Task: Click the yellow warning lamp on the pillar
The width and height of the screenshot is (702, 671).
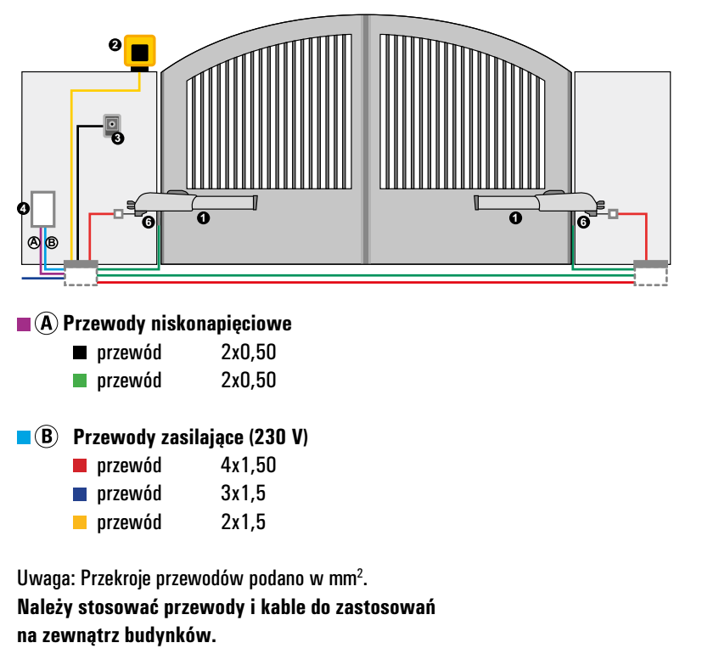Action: [x=140, y=52]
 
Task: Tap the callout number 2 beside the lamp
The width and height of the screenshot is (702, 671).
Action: [x=115, y=45]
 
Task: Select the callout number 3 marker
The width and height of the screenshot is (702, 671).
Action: [x=118, y=138]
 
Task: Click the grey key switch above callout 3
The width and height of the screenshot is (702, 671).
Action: [x=112, y=124]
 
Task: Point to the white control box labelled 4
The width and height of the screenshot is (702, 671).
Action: [x=43, y=209]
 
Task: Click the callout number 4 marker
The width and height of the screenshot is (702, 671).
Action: [x=23, y=208]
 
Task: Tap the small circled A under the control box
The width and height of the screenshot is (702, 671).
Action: [x=34, y=242]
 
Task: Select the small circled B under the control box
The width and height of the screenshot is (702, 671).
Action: [x=52, y=242]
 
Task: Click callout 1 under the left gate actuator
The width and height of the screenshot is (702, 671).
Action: [x=203, y=218]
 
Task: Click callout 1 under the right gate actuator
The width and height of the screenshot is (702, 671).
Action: [x=515, y=218]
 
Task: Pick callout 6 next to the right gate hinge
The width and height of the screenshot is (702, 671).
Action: [x=583, y=222]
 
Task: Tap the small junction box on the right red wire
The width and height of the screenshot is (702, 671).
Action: [x=613, y=214]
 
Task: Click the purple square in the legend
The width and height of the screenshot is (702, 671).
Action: [x=24, y=324]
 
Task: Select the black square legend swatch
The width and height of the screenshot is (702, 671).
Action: [x=80, y=352]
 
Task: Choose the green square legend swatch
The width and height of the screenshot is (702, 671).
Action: [x=80, y=381]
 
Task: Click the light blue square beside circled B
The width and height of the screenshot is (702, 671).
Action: [x=24, y=437]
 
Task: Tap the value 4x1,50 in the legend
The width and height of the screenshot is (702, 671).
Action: [x=249, y=465]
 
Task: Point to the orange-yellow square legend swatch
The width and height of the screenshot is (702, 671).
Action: [x=80, y=522]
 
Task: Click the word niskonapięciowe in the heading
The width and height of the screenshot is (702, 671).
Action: [x=222, y=324]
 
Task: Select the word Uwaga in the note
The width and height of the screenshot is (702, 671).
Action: [x=46, y=578]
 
